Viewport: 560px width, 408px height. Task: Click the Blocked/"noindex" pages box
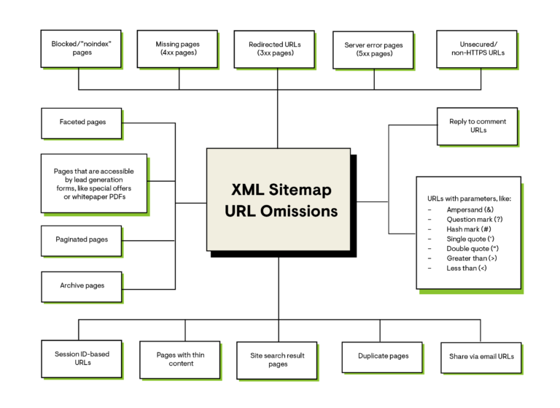coord(82,48)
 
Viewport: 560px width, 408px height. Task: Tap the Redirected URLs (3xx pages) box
coord(275,49)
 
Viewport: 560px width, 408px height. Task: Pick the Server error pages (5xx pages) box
coord(373,50)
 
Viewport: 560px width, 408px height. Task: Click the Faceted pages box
coord(82,123)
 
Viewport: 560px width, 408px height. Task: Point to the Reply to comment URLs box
coord(478,126)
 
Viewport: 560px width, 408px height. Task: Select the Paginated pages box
coord(82,240)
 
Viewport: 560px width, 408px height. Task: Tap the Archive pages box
coord(82,286)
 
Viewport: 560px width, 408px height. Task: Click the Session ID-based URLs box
coord(82,358)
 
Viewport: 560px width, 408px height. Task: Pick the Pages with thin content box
coord(180,359)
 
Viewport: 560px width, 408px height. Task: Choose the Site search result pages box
coord(277,360)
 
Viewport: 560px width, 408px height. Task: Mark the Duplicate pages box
coord(383,356)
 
